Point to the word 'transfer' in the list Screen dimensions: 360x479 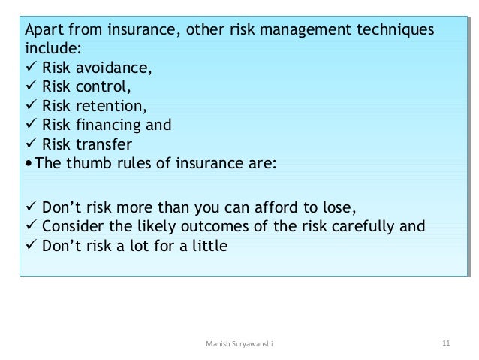click(x=105, y=144)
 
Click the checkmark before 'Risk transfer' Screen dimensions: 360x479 click(x=31, y=144)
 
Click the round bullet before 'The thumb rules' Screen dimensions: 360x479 click(x=29, y=163)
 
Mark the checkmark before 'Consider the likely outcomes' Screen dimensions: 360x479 click(x=31, y=226)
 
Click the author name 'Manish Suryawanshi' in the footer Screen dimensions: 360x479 click(x=239, y=343)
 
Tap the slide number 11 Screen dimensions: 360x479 click(x=445, y=343)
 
